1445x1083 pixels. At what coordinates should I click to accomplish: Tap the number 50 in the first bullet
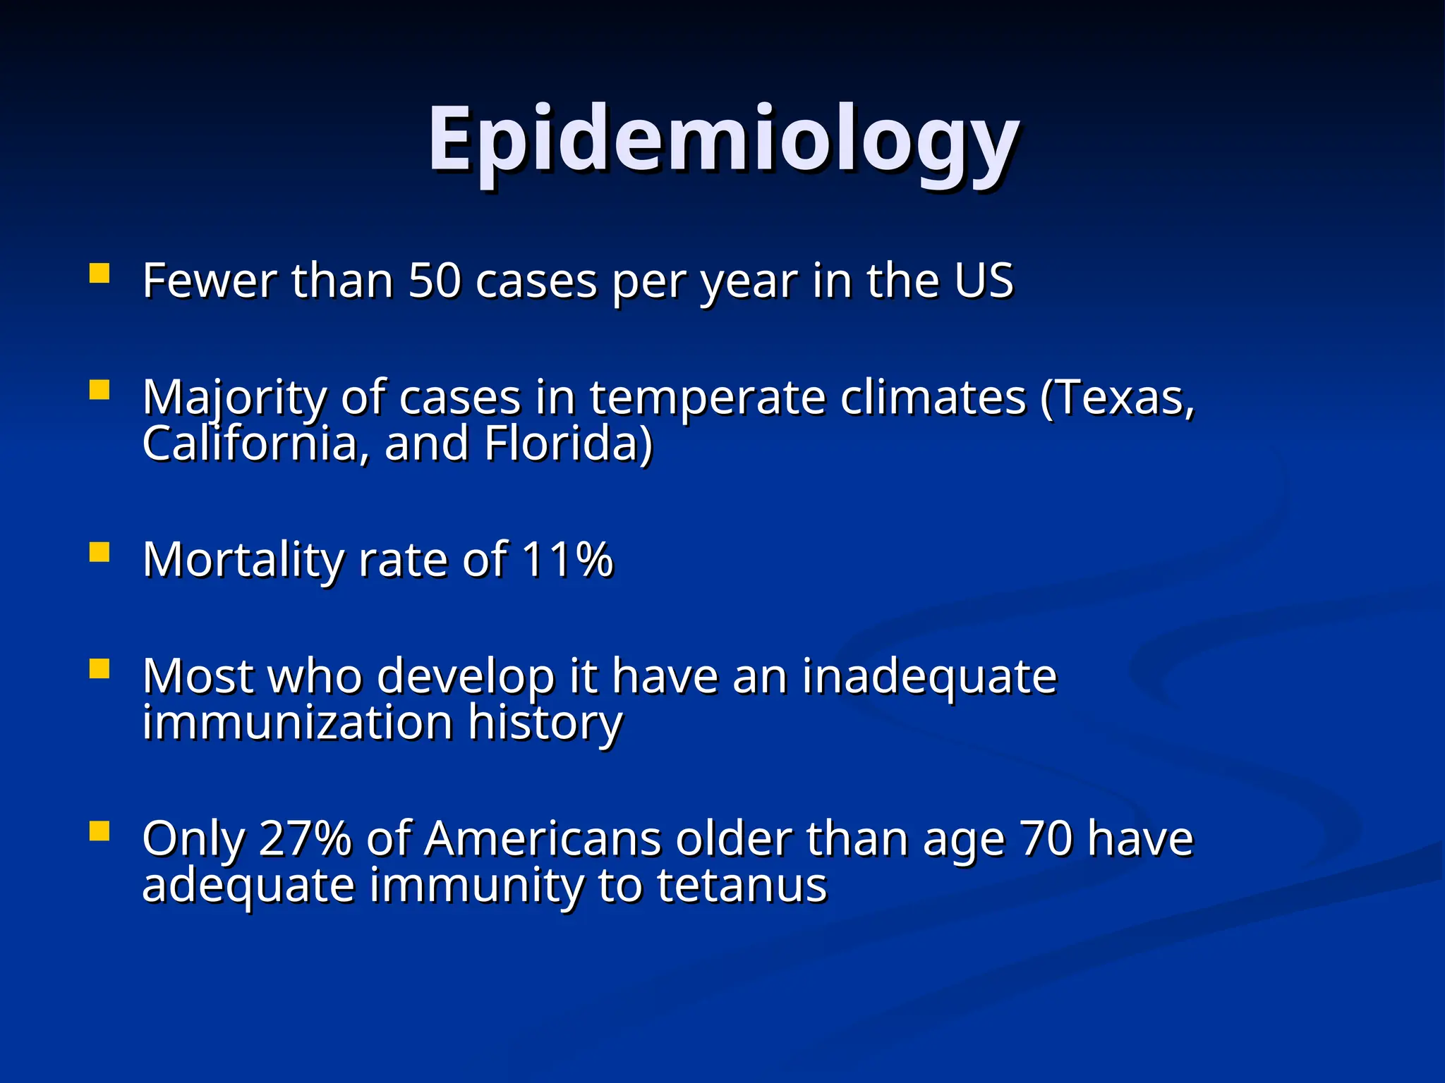click(x=435, y=281)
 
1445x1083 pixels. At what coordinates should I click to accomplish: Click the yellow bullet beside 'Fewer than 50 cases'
click(x=99, y=273)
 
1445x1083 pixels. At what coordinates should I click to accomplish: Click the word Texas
click(x=1118, y=397)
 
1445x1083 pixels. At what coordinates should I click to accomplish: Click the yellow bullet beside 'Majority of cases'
click(x=99, y=390)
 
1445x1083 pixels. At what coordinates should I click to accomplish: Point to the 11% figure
click(x=568, y=559)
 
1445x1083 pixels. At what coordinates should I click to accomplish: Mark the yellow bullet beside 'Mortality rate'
click(x=99, y=552)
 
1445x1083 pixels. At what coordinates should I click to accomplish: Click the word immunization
click(x=297, y=722)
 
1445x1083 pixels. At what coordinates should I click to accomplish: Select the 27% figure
click(x=306, y=838)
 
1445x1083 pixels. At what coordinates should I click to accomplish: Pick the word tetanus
click(x=742, y=885)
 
